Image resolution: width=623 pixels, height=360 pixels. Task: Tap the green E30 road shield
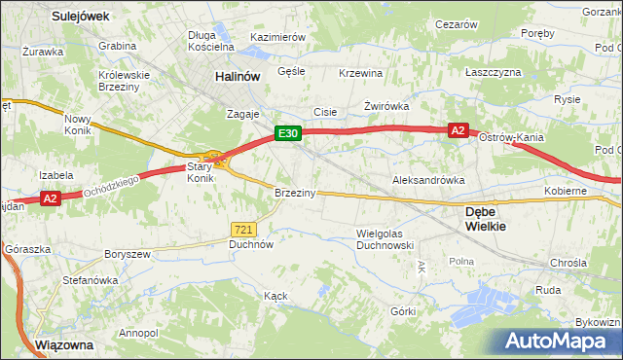[285, 133]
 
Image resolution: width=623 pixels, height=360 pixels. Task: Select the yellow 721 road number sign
[244, 229]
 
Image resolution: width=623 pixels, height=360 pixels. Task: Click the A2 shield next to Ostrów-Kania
[458, 129]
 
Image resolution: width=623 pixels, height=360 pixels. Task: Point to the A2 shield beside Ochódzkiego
[52, 198]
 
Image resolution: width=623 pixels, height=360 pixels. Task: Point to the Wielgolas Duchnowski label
[386, 239]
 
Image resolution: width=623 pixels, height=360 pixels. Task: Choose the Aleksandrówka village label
[428, 181]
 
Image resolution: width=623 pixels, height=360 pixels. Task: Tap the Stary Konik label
[200, 172]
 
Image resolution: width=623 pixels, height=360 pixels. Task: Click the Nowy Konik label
[77, 126]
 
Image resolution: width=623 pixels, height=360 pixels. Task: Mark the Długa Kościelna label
[211, 40]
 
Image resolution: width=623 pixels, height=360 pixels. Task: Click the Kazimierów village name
[278, 37]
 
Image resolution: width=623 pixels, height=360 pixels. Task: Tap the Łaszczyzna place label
[493, 73]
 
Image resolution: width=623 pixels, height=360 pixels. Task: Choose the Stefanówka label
[91, 280]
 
